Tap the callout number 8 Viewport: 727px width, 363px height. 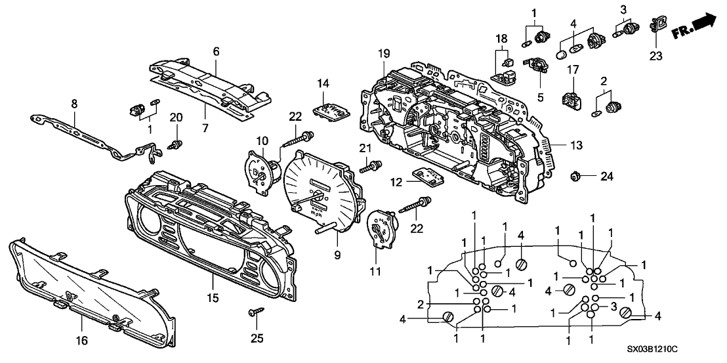74,103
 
